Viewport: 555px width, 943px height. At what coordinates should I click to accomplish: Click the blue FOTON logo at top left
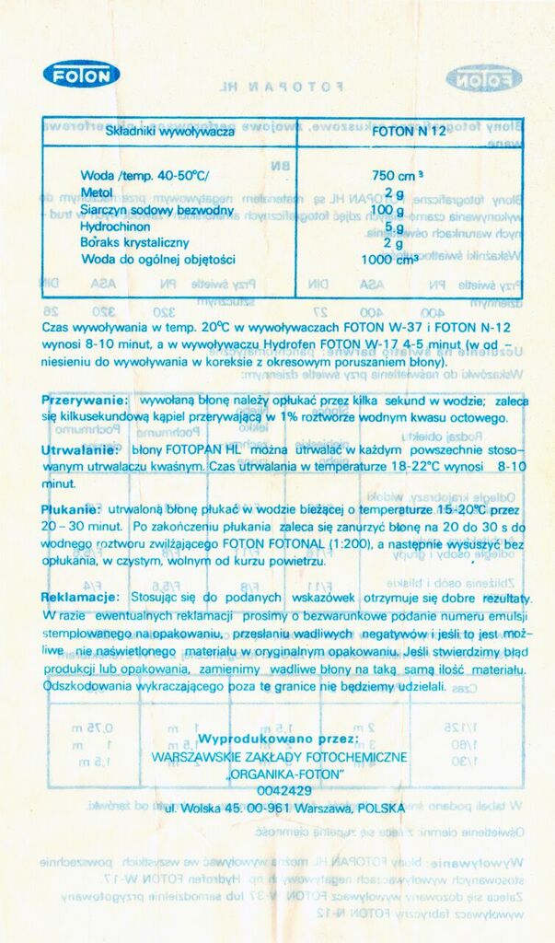point(81,74)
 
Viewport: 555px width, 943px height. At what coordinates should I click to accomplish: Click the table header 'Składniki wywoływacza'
point(170,131)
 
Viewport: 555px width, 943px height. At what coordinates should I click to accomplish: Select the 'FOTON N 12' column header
point(409,131)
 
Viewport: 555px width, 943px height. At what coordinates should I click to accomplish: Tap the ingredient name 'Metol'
point(97,192)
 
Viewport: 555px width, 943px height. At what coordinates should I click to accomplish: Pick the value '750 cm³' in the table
point(397,175)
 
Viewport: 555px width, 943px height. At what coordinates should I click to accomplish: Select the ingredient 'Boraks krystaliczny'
point(134,242)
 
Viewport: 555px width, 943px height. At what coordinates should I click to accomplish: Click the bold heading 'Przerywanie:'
point(85,402)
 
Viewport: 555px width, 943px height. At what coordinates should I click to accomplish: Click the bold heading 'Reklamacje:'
point(81,598)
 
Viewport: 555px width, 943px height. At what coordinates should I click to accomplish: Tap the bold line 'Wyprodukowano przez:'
point(278,739)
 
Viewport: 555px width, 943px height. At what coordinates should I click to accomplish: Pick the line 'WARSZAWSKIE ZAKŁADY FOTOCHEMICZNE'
point(279,757)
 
